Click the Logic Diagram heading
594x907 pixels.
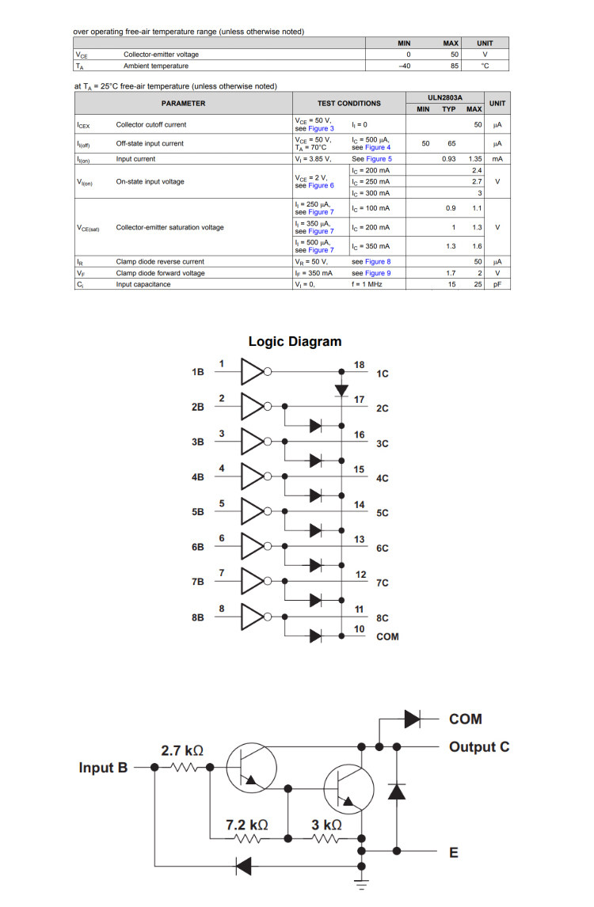coord(295,342)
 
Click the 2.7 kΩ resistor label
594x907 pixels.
coord(182,750)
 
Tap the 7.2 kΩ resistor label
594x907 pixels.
coord(246,825)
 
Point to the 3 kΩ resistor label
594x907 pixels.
coord(326,825)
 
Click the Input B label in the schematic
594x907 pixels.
coord(103,768)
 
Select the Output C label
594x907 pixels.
coord(478,746)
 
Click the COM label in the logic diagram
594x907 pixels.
coord(387,636)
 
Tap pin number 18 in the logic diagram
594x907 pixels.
coord(359,364)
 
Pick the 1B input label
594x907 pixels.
coord(198,372)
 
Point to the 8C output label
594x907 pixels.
coord(383,617)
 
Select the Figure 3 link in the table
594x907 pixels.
coord(320,128)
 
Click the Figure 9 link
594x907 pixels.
coord(378,273)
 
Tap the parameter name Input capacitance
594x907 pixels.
coord(143,284)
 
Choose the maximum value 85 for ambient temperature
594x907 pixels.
coord(455,66)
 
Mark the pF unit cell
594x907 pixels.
coord(497,284)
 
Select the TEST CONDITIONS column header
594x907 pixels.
coord(348,103)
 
